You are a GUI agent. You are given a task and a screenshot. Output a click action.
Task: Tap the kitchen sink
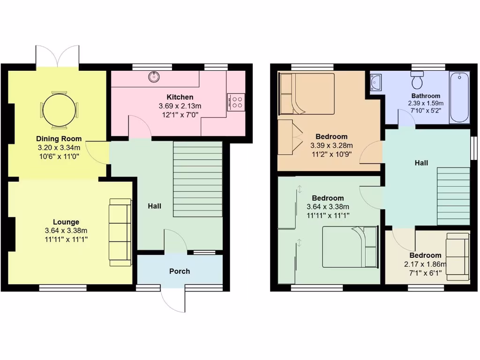point(155,76)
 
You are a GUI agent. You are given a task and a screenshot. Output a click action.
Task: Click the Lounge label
point(66,222)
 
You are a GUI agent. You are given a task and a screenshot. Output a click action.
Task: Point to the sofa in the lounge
point(120,232)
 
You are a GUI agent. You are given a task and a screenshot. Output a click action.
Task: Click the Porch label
point(180,271)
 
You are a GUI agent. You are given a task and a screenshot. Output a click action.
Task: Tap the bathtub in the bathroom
point(459,97)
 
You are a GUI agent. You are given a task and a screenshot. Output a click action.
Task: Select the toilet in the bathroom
point(417,81)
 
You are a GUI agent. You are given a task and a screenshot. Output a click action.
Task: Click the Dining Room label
point(59,139)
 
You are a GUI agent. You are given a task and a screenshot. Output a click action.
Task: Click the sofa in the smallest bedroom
point(457,256)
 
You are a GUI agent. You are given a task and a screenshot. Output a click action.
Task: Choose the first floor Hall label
point(421,163)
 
